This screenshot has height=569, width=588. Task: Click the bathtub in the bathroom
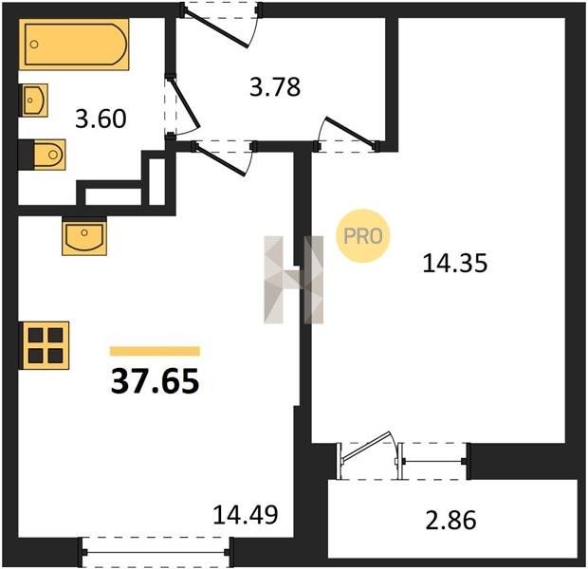[74, 45]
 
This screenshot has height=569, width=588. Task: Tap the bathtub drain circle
[34, 45]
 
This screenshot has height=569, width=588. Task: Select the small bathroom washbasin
[34, 101]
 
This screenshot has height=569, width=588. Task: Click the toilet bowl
[50, 155]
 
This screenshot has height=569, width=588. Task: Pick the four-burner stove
[45, 345]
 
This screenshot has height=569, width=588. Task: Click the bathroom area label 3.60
[101, 119]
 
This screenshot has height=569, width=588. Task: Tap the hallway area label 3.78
[275, 87]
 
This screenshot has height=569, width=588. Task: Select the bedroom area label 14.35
[455, 263]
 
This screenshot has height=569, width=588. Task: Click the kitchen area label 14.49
[246, 515]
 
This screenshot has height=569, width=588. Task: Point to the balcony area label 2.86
[451, 520]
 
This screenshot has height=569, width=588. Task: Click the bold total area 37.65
[155, 381]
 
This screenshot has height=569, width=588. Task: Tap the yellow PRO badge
[362, 236]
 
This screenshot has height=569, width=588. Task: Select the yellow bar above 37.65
[155, 351]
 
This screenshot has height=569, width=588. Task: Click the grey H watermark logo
[294, 280]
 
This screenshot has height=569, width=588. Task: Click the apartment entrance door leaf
[216, 28]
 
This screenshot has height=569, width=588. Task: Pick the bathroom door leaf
[185, 102]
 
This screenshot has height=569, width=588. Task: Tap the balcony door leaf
[366, 446]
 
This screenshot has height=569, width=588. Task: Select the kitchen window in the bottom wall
[156, 552]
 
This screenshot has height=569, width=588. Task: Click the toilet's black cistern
[27, 155]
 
